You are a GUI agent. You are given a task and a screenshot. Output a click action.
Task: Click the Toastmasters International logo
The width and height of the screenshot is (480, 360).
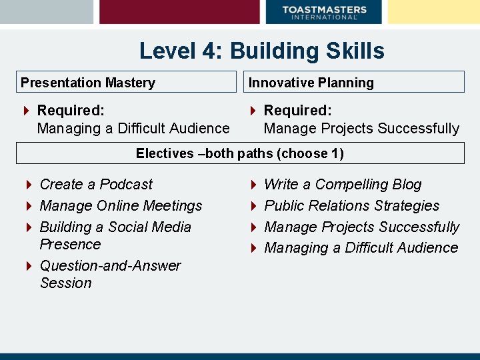(x=324, y=12)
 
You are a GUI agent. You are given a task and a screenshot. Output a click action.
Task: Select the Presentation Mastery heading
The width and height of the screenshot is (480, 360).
(x=88, y=83)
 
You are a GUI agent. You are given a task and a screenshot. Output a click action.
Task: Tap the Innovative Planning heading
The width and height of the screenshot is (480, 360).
(x=311, y=83)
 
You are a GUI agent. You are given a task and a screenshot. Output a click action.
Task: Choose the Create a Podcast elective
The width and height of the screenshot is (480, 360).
(x=96, y=184)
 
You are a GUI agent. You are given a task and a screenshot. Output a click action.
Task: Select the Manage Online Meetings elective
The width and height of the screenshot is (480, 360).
(x=121, y=205)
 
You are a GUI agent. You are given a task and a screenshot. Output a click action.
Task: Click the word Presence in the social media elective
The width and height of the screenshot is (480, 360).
(x=70, y=244)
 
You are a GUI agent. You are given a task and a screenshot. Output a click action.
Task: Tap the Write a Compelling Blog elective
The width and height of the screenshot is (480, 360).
(x=343, y=184)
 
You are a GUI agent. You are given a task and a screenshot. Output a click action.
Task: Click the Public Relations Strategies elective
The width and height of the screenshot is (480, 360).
(x=351, y=205)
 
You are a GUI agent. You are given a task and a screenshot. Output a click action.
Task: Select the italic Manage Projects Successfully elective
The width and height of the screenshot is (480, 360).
(x=361, y=227)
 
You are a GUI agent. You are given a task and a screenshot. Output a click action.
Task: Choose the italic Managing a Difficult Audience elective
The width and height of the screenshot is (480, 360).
(x=361, y=247)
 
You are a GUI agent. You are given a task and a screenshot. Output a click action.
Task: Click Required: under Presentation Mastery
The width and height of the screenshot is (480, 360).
(x=71, y=110)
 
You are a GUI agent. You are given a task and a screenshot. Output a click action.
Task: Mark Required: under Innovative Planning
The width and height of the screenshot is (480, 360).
(x=297, y=110)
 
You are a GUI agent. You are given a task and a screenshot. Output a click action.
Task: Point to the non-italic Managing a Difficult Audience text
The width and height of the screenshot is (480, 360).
(x=133, y=128)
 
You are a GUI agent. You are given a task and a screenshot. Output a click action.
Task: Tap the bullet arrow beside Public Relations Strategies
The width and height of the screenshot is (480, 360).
(x=253, y=206)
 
